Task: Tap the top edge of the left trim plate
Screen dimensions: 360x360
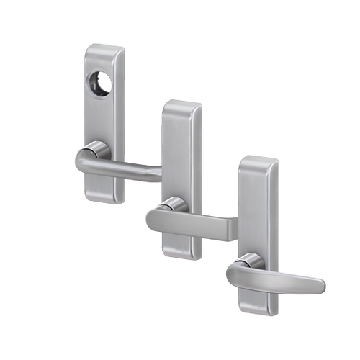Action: (x=104, y=47)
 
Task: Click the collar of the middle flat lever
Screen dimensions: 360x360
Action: (x=176, y=205)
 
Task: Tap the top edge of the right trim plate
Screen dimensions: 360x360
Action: (x=258, y=158)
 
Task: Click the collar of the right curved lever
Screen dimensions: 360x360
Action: (x=250, y=260)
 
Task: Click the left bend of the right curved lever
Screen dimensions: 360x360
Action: (x=232, y=274)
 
